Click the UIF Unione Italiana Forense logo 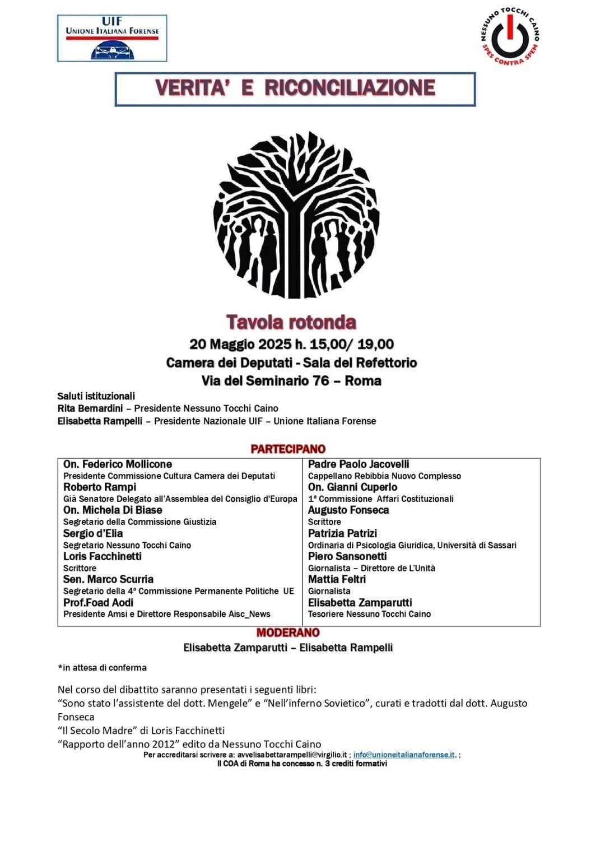112,38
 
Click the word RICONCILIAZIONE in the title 350,88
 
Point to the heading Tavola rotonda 291,322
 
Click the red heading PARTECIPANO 288,449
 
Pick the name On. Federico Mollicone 118,464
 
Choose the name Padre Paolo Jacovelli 359,464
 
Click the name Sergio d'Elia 93,533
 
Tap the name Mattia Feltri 337,579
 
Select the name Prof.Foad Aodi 99,603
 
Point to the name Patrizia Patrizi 342,533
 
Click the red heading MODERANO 288,632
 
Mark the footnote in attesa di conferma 103,668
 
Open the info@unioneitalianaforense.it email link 404,755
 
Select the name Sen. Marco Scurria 108,579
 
